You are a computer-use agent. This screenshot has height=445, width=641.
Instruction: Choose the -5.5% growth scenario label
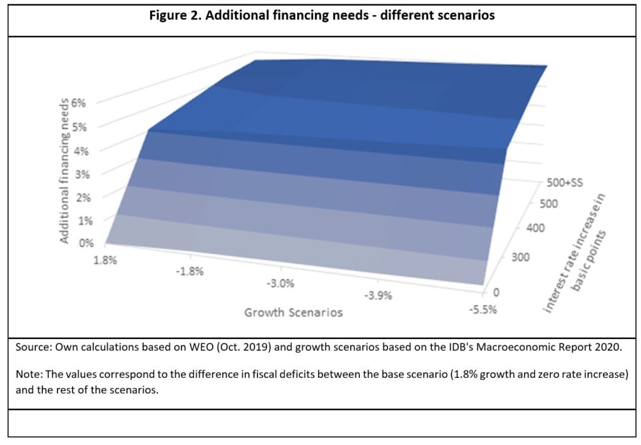(x=481, y=310)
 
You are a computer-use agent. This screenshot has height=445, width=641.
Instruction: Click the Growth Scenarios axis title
(x=294, y=311)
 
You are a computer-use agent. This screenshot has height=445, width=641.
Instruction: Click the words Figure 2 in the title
(x=174, y=16)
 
